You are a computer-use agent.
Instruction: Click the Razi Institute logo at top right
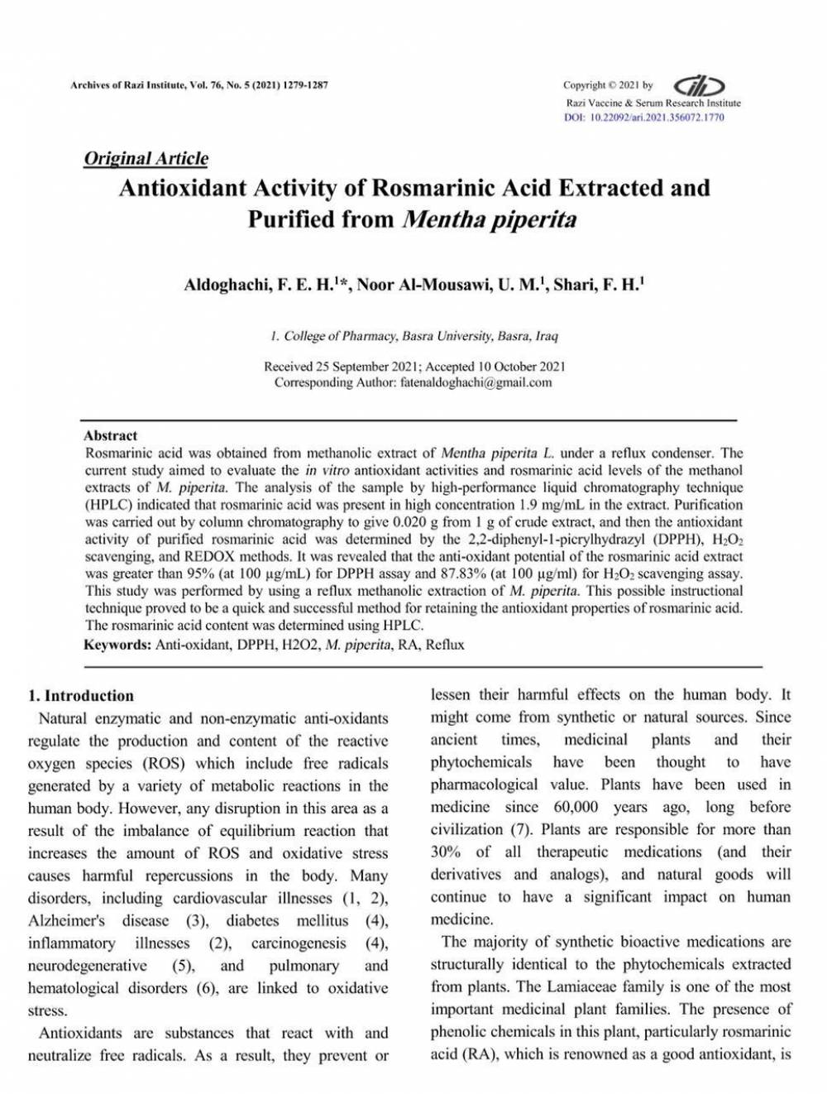(700, 85)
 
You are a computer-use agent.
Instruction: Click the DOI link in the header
(643, 118)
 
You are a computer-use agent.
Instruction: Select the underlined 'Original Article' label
(146, 158)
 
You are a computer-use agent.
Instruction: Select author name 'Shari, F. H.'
(596, 285)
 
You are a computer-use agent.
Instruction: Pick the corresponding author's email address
(476, 382)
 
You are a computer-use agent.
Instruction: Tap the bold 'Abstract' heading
(110, 435)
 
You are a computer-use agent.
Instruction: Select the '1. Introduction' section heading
(81, 695)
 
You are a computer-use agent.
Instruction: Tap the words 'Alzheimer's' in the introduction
(66, 920)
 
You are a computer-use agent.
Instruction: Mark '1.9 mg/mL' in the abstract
(552, 504)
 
